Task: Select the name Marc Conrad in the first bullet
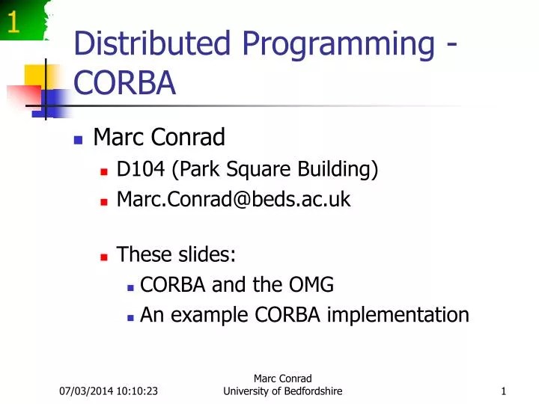click(x=159, y=138)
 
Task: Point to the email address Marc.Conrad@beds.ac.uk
click(x=234, y=199)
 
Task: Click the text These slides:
click(x=177, y=255)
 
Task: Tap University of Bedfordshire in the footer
click(x=283, y=392)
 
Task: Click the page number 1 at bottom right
click(x=505, y=392)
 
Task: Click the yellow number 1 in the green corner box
click(x=13, y=25)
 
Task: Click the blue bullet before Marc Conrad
click(x=78, y=139)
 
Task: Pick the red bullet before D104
click(x=104, y=171)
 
